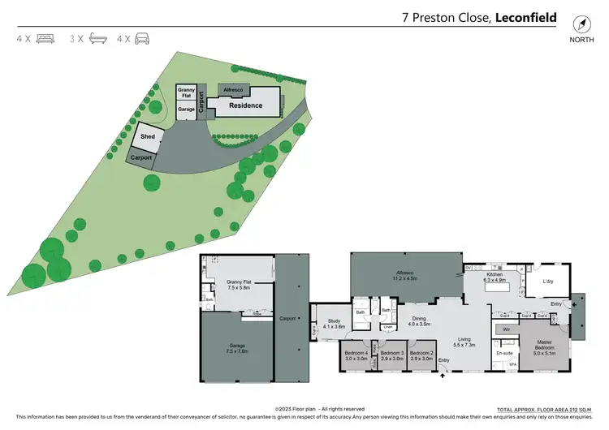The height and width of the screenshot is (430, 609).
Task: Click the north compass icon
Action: [581, 24]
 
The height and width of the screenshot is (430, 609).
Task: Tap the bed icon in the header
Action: [45, 38]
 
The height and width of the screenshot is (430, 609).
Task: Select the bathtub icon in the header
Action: [98, 38]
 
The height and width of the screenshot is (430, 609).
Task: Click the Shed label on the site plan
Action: [147, 137]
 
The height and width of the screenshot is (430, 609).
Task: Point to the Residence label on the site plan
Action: [245, 105]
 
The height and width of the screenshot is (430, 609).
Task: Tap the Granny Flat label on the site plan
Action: [186, 92]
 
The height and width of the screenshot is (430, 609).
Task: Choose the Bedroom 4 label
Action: [356, 354]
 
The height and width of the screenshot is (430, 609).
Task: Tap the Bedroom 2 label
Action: [422, 354]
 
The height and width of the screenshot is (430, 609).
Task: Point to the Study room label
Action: [335, 321]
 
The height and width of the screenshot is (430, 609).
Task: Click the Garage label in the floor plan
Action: [236, 346]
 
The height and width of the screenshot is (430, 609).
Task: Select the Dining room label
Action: [418, 319]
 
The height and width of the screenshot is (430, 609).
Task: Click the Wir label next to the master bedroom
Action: [505, 329]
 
